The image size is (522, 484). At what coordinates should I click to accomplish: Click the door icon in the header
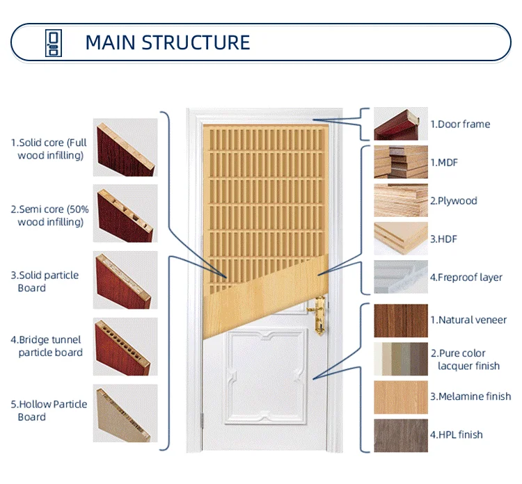(x=53, y=42)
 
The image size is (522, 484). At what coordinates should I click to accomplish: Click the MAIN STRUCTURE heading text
(x=167, y=42)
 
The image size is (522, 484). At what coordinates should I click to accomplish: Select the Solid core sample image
(x=125, y=149)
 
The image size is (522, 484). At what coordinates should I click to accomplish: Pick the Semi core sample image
(x=125, y=213)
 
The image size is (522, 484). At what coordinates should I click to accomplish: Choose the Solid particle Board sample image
(x=125, y=280)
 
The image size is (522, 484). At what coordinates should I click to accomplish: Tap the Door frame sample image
(x=400, y=124)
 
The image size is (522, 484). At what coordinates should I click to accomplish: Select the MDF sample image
(x=400, y=162)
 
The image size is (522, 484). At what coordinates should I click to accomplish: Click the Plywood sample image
(x=400, y=200)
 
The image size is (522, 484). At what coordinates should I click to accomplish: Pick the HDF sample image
(x=400, y=239)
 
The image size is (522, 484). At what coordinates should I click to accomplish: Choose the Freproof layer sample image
(x=400, y=277)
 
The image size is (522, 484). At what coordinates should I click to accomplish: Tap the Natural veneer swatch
(x=400, y=321)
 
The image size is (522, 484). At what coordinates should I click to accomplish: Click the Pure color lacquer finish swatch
(x=400, y=359)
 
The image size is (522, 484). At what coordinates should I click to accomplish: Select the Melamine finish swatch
(x=400, y=397)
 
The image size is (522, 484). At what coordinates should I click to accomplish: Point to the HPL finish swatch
(x=400, y=435)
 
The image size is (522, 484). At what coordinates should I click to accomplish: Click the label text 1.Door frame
(x=460, y=124)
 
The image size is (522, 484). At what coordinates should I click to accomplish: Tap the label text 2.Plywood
(x=454, y=201)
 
